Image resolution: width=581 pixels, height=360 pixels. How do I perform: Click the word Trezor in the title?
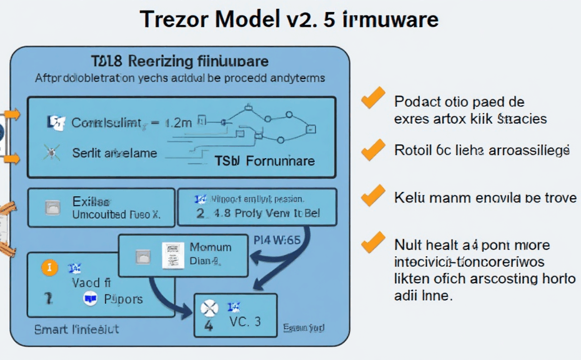click(x=174, y=19)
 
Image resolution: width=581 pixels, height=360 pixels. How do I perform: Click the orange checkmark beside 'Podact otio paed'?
click(x=374, y=98)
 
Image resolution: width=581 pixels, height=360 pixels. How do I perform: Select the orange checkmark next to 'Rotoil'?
click(x=374, y=149)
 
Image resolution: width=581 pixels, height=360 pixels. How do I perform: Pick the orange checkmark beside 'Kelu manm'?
click(x=374, y=195)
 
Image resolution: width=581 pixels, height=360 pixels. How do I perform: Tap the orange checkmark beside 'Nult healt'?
click(x=374, y=241)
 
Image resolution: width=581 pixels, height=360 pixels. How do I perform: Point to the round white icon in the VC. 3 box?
click(x=208, y=308)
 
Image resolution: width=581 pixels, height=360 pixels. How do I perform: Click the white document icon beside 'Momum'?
click(x=169, y=255)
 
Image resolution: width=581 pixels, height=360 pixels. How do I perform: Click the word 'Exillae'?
click(x=91, y=201)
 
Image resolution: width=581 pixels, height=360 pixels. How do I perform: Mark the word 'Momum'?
click(x=211, y=247)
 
